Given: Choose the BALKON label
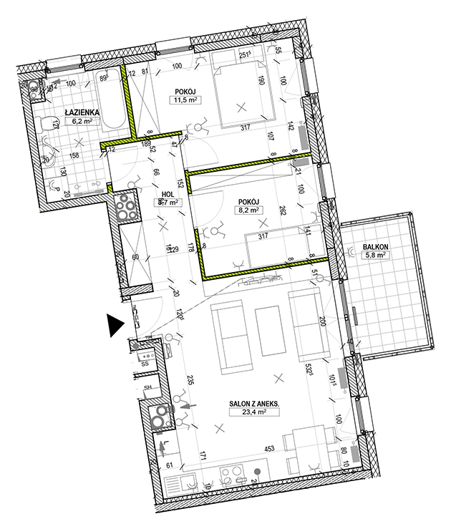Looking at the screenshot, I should (375, 248).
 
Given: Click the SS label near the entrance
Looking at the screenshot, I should (145, 364).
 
